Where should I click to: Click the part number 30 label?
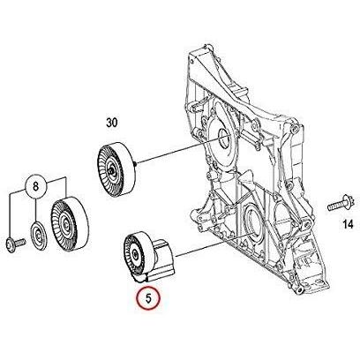[112, 123]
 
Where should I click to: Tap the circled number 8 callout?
[35, 186]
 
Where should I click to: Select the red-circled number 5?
[148, 298]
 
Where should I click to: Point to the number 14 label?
[348, 224]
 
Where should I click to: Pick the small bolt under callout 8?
[16, 244]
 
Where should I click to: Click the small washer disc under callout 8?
[39, 236]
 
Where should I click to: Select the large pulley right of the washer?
[69, 225]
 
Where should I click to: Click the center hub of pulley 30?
[110, 170]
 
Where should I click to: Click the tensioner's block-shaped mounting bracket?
[162, 259]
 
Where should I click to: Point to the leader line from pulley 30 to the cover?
[180, 149]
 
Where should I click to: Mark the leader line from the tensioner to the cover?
[213, 245]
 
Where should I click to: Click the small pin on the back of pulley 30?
[135, 162]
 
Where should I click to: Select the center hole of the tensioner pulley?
[135, 253]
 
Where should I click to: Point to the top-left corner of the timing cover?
[189, 54]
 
